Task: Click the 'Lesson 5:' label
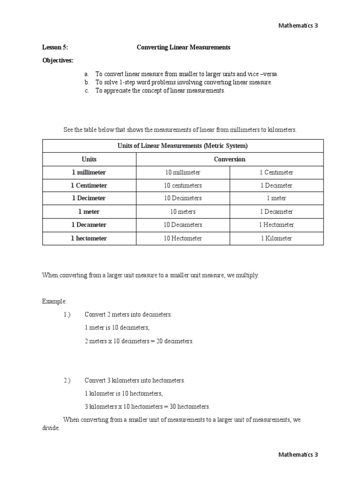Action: (x=55, y=47)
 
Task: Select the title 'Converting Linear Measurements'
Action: (x=183, y=47)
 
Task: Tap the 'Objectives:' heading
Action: (x=58, y=60)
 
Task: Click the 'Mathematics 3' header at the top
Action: (x=298, y=25)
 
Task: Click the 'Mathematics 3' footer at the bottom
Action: (x=298, y=454)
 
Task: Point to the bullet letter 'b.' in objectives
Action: (x=87, y=82)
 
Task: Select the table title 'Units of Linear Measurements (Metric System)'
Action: (x=182, y=146)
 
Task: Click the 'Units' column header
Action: (x=89, y=159)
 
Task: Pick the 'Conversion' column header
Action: (x=229, y=159)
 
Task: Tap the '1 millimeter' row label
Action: (x=89, y=172)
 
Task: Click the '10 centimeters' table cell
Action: (x=182, y=186)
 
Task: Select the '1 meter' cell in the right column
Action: (x=276, y=198)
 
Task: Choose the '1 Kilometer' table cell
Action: (x=276, y=238)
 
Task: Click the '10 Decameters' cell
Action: (x=182, y=225)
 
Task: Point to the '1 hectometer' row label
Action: (x=89, y=238)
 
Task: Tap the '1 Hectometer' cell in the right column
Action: (x=276, y=225)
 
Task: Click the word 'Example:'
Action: (x=54, y=301)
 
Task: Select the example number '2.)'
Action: (x=67, y=381)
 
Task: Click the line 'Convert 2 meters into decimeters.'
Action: (x=128, y=314)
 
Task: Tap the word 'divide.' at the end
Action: (x=51, y=428)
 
